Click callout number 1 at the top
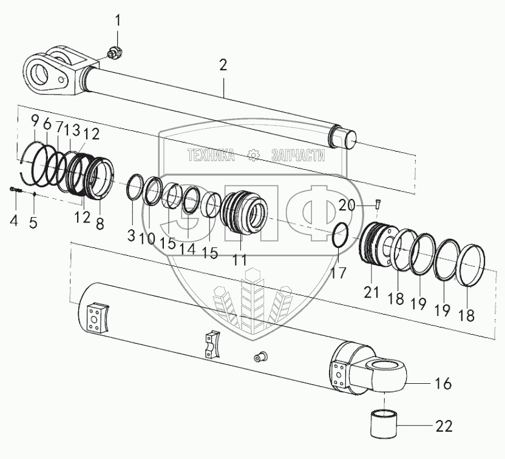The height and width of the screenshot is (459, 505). click(118, 22)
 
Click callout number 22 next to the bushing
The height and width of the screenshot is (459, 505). click(444, 426)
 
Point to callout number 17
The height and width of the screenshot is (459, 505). click(338, 273)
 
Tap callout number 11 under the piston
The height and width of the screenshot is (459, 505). click(240, 260)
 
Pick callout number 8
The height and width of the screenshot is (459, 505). click(100, 223)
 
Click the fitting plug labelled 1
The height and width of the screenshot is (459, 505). click(113, 55)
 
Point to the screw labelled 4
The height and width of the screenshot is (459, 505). click(16, 191)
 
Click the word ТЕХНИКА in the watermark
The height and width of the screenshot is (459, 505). click(211, 156)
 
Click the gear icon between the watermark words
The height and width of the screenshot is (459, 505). click(254, 156)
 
